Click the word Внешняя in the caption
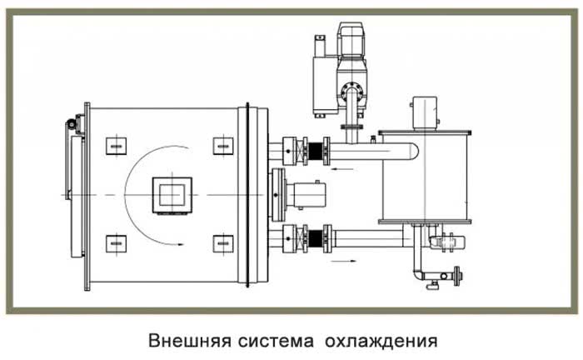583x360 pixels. pyautogui.click(x=190, y=341)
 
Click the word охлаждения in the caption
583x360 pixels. pyautogui.click(x=381, y=342)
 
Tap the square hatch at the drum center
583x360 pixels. pyautogui.click(x=172, y=195)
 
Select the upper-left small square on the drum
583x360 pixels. pyautogui.click(x=116, y=146)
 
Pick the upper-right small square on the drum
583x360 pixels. pyautogui.click(x=223, y=146)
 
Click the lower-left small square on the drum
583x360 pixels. pyautogui.click(x=116, y=244)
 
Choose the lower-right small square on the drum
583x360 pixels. pyautogui.click(x=223, y=244)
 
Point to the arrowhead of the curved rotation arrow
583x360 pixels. pyautogui.click(x=181, y=244)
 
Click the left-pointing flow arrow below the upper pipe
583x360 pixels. pyautogui.click(x=343, y=170)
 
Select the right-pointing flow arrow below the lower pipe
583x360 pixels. pyautogui.click(x=343, y=261)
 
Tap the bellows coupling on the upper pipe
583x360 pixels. pyautogui.click(x=316, y=151)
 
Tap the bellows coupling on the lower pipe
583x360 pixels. pyautogui.click(x=316, y=239)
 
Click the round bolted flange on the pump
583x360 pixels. pyautogui.click(x=351, y=92)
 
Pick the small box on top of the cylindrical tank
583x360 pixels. pyautogui.click(x=425, y=113)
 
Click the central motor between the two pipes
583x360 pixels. pyautogui.click(x=306, y=195)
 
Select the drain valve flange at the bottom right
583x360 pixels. pyautogui.click(x=457, y=277)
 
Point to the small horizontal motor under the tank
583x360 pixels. pyautogui.click(x=447, y=242)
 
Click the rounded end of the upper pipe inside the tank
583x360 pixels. pyautogui.click(x=413, y=151)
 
